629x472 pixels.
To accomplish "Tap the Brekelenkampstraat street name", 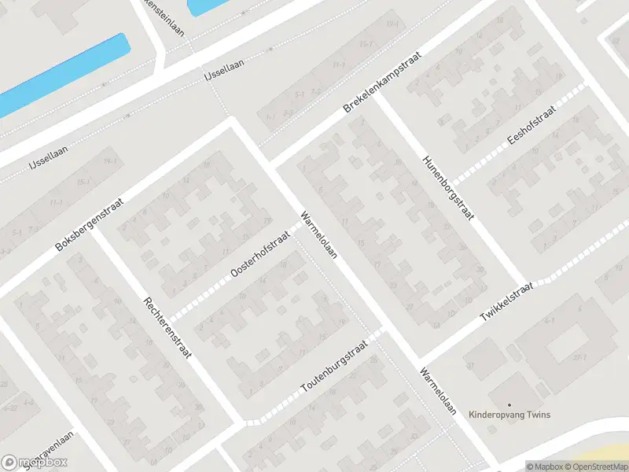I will [383, 82].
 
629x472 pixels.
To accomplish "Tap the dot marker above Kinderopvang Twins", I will [509, 405].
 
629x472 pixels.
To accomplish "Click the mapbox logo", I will [34, 462].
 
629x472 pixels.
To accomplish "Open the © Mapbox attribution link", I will [546, 466].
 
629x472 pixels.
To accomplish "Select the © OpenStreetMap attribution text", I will [597, 466].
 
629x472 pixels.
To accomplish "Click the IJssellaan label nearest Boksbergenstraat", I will [48, 162].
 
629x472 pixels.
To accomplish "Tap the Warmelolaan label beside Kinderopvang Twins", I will [437, 390].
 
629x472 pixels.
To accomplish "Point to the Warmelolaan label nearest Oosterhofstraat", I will [318, 234].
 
